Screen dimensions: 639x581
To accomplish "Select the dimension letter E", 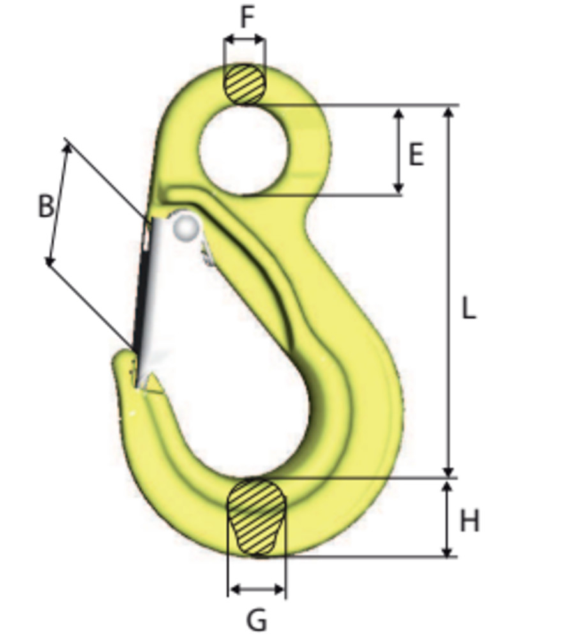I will tap(416, 155).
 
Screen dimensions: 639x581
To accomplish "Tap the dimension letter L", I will tap(469, 309).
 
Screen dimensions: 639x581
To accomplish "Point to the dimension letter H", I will tap(469, 522).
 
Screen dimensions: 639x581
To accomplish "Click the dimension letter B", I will tap(45, 207).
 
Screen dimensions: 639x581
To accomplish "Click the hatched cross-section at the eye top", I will tap(245, 84).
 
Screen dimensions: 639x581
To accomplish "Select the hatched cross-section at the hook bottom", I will tap(256, 516).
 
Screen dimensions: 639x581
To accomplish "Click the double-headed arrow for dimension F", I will tap(245, 40).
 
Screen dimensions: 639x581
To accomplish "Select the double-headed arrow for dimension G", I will tap(257, 589).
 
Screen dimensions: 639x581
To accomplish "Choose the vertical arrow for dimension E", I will tap(398, 151).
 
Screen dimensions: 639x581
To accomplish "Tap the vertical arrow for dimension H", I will tap(448, 520).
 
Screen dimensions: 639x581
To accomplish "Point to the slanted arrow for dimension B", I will tap(58, 203).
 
